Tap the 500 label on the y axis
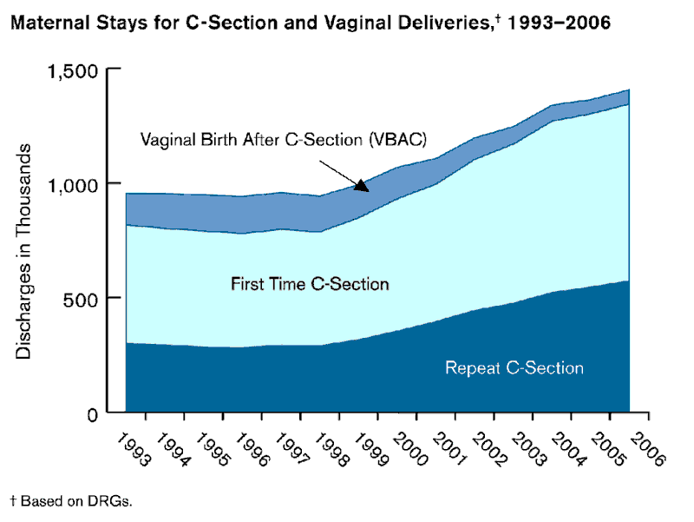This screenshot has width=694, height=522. [x=85, y=298]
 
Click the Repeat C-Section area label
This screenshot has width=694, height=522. [x=514, y=368]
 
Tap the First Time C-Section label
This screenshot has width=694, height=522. [x=310, y=284]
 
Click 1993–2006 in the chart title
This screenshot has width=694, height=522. [x=559, y=24]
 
